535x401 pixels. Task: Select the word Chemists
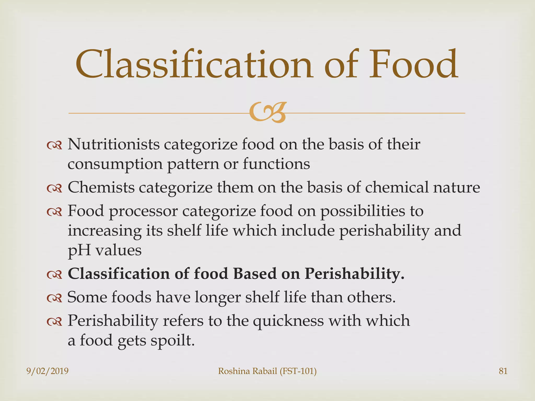click(101, 187)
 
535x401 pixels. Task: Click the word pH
click(79, 251)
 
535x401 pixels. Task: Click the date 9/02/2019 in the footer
click(48, 371)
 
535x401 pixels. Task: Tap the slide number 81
click(503, 371)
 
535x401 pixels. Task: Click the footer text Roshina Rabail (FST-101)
click(267, 371)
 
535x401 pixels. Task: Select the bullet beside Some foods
click(54, 298)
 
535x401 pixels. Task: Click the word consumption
click(115, 165)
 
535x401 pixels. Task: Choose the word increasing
click(104, 231)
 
